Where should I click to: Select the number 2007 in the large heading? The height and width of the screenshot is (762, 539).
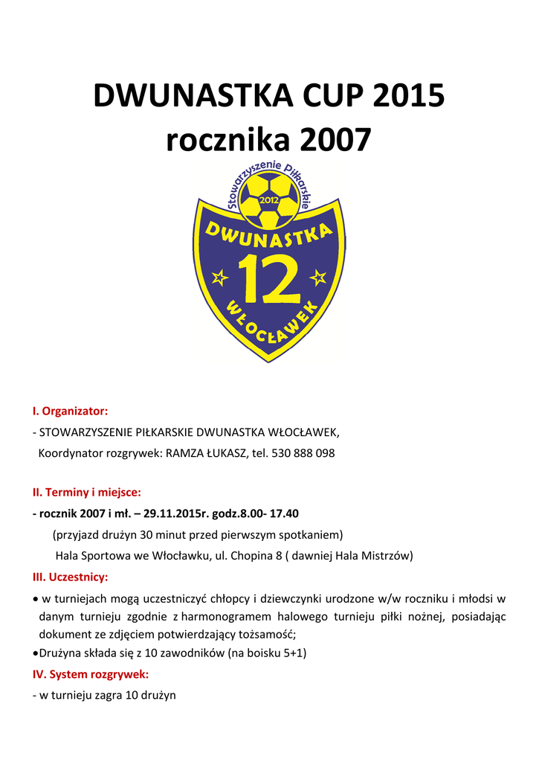coord(332,140)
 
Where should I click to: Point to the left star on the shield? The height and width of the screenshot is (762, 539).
coord(219,278)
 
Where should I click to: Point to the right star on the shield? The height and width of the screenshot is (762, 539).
coord(318,278)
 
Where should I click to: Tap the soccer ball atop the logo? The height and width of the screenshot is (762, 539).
coord(269,201)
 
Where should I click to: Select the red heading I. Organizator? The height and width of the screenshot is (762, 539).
coord(71,411)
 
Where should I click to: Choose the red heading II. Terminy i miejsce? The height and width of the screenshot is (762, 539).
coord(86,493)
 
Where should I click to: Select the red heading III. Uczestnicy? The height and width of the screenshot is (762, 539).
coord(71,577)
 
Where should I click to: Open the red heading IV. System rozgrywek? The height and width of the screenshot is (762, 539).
coord(91,675)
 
